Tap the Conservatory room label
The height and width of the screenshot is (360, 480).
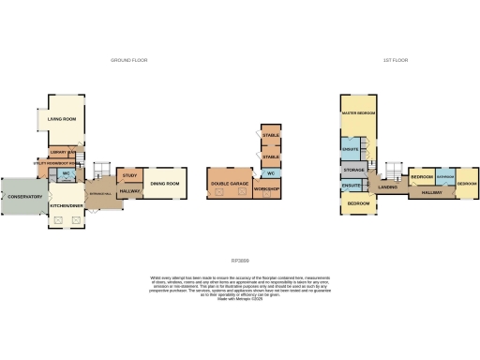22,197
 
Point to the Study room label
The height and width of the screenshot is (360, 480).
129,175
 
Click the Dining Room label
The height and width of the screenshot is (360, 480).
165,184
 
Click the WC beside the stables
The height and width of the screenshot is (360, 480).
270,173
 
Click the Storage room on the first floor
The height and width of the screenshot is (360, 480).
353,170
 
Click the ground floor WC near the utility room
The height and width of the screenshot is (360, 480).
67,174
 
